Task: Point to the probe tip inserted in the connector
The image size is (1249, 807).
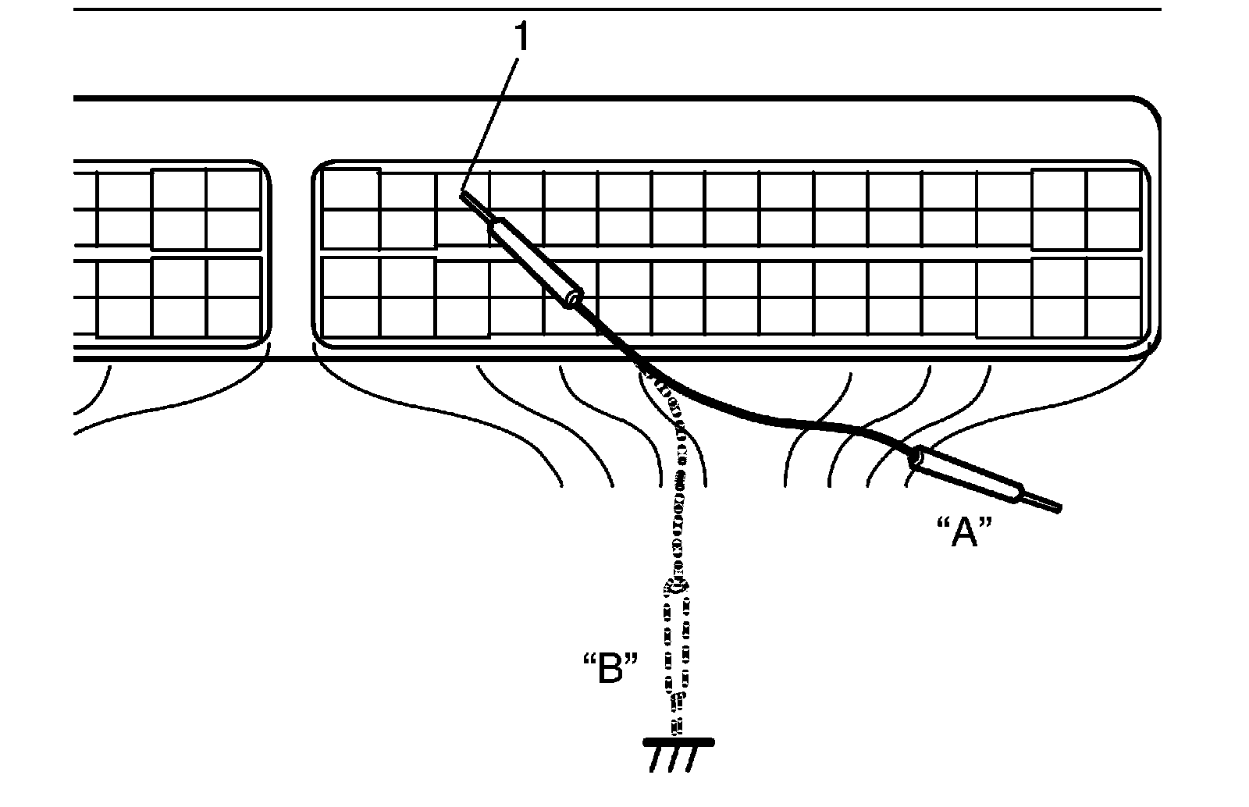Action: pyautogui.click(x=467, y=198)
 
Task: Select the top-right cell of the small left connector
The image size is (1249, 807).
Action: pyautogui.click(x=233, y=190)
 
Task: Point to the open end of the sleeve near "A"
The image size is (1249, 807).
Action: pyautogui.click(x=915, y=459)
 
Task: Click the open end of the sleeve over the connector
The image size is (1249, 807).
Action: pyautogui.click(x=575, y=299)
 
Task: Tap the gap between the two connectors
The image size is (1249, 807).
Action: pyautogui.click(x=290, y=258)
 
